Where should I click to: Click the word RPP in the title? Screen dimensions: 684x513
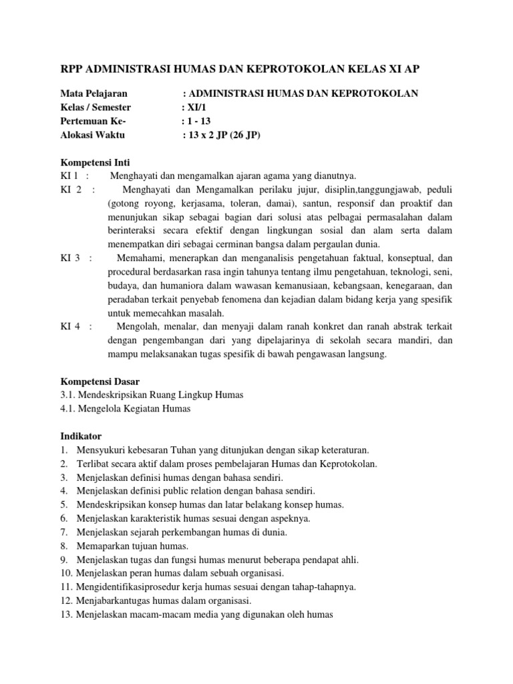(x=65, y=68)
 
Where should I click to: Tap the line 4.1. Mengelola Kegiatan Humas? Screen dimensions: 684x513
(x=124, y=409)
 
